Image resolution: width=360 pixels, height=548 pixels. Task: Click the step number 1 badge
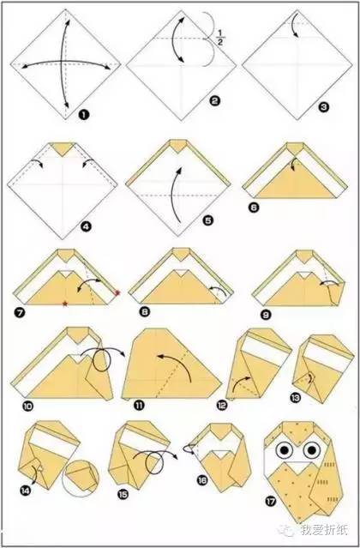[84, 114]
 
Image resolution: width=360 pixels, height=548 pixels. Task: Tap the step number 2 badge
[215, 101]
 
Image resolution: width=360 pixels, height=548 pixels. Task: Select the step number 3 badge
[324, 106]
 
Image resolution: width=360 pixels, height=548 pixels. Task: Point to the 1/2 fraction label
[220, 38]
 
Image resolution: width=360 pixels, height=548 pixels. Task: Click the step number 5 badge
[208, 220]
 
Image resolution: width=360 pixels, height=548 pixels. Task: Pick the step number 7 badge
[20, 312]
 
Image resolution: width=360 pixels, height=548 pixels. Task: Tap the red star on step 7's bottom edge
[65, 304]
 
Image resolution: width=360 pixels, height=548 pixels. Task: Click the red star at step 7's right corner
[117, 293]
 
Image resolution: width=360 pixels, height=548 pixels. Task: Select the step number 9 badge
[266, 315]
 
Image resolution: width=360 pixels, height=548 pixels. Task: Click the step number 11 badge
[139, 406]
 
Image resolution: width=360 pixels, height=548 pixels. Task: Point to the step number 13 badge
[296, 397]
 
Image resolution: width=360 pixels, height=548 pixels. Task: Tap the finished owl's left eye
[285, 450]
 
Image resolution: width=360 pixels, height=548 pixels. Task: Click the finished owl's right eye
[312, 450]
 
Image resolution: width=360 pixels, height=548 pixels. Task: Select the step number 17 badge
[271, 502]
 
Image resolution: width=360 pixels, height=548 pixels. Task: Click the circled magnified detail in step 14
[81, 478]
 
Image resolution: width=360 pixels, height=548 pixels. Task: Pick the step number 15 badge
[123, 494]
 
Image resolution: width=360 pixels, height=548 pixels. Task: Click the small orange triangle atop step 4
[63, 148]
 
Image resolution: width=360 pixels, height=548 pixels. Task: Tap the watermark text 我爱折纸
[324, 530]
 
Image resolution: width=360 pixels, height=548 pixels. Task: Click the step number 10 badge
[27, 406]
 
